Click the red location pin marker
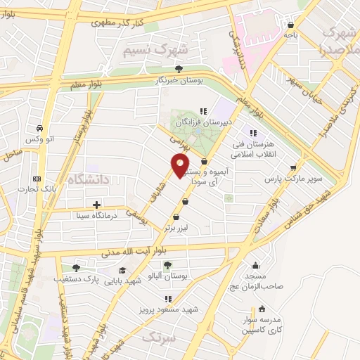click(181, 166)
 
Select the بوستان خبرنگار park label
click(179, 80)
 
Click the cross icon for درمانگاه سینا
click(96, 205)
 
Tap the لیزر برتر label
click(177, 229)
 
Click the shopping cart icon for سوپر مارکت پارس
click(293, 167)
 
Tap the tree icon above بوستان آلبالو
click(167, 265)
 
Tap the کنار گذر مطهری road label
click(119, 23)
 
